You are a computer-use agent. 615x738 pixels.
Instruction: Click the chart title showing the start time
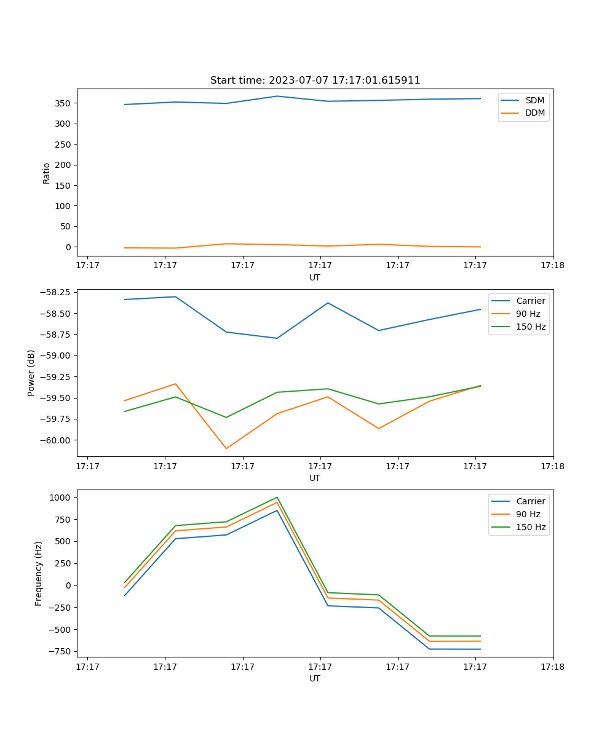pos(315,81)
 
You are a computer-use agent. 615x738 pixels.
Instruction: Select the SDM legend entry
pos(534,100)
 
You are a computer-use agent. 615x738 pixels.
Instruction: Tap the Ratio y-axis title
pos(47,173)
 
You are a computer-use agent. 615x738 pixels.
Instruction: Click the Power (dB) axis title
pos(31,373)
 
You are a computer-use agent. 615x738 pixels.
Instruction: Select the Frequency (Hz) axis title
pos(39,573)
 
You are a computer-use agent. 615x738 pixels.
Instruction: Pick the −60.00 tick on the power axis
pos(56,440)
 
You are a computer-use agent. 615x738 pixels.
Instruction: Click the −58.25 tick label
pos(56,292)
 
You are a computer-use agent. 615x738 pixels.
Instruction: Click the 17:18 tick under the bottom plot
pos(552,666)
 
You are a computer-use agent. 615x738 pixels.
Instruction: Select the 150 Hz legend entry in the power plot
pos(531,327)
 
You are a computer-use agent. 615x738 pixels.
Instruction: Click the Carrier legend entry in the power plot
pos(530,301)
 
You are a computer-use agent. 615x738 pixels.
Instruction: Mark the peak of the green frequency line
pos(277,497)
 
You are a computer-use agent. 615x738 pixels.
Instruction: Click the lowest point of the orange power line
pos(226,448)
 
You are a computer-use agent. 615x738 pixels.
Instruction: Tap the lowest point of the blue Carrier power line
pos(277,338)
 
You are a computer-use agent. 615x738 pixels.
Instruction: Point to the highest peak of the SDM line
pos(277,96)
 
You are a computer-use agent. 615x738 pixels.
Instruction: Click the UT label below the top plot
pos(315,277)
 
